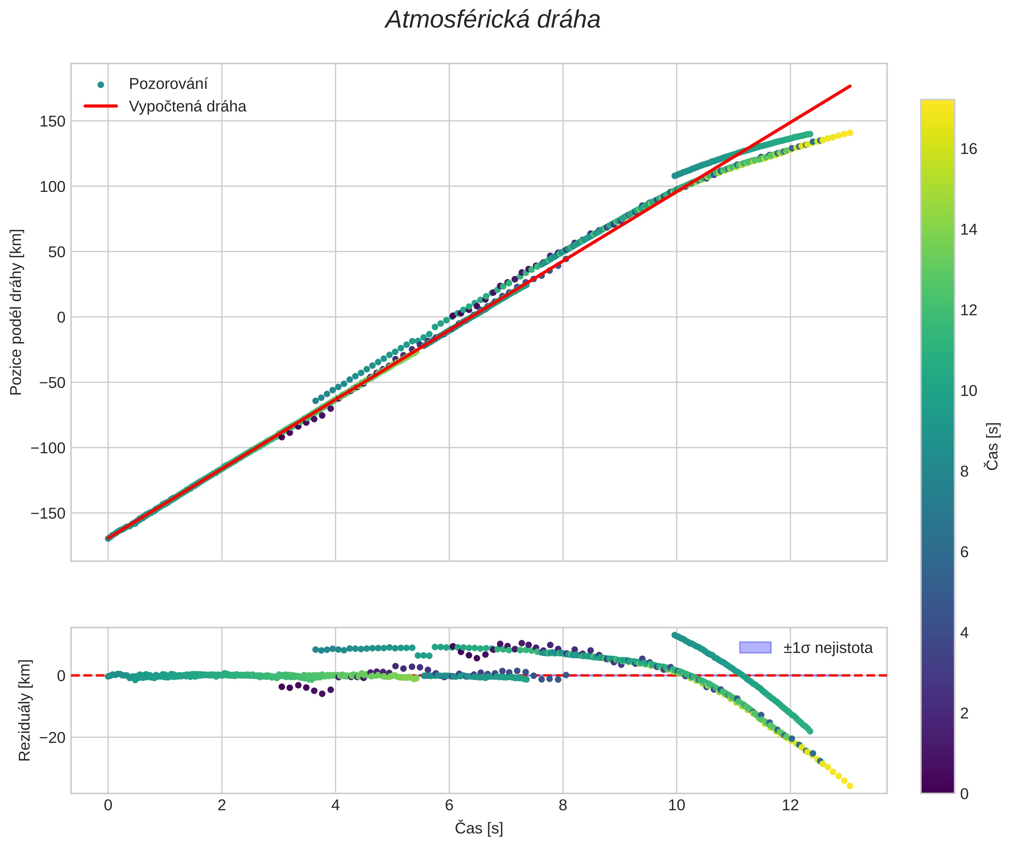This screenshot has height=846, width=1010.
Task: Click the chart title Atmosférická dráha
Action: tap(493, 20)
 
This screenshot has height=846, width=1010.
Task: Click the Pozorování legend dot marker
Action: tap(101, 85)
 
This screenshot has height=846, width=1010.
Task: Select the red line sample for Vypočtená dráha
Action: tap(101, 106)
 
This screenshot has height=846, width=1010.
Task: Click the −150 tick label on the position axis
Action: tap(48, 513)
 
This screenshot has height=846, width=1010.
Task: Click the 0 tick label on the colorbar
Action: tap(964, 794)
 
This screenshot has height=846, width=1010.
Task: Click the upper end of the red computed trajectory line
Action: tap(850, 86)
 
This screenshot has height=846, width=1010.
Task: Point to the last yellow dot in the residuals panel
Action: tap(850, 786)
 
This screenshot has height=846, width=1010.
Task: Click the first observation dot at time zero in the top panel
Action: tap(108, 538)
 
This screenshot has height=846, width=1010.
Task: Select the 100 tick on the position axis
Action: tap(52, 187)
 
